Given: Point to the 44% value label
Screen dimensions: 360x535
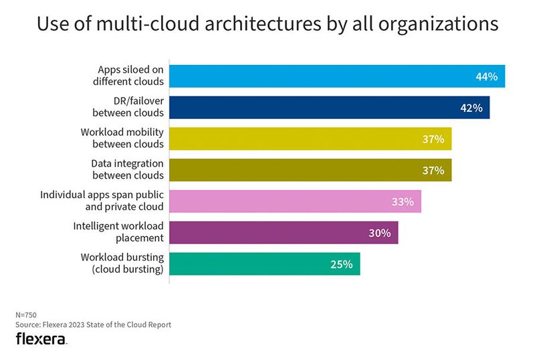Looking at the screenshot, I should coord(486,76).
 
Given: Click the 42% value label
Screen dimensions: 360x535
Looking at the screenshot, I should coord(471,108).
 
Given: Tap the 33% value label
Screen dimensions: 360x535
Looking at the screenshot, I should coord(403,201).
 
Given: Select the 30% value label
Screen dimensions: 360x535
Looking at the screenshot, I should coord(380,233).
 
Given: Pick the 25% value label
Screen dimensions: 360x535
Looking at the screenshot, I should coord(341,264).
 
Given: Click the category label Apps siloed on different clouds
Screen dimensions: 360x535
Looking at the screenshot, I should coord(130,76).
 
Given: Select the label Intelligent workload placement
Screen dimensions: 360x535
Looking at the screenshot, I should coord(118,232).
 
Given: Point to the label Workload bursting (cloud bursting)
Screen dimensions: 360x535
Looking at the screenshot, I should coord(122,263).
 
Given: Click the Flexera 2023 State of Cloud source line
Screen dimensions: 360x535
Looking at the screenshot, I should coord(93,325).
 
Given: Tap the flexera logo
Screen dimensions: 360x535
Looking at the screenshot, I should coord(41,339).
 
